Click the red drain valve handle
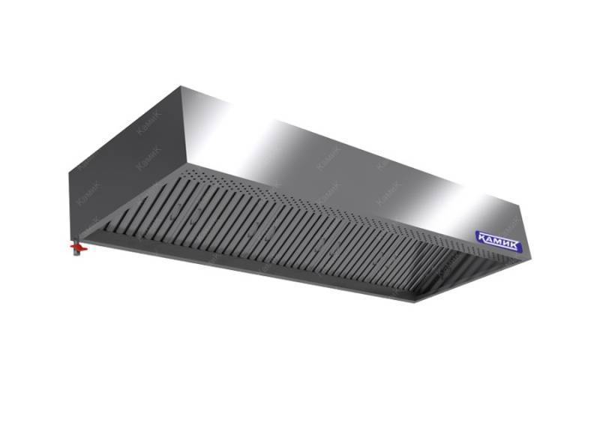coord(79,249)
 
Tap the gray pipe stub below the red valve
coord(77,253)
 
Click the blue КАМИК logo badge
coord(499,241)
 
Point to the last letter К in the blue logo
coord(515,246)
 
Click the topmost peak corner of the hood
coord(181,86)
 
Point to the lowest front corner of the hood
coord(416,302)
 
